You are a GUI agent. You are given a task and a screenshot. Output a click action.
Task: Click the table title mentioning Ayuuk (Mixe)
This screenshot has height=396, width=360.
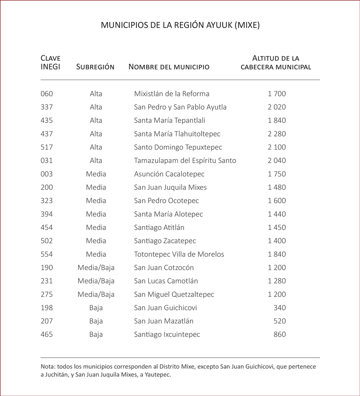tap(180, 25)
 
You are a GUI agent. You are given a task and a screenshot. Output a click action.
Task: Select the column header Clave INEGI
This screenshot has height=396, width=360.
tap(50, 63)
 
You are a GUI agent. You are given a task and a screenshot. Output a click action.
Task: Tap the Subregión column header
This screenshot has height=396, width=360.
tap(95, 67)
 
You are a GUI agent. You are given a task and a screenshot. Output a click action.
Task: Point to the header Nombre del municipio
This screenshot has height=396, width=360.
tap(169, 67)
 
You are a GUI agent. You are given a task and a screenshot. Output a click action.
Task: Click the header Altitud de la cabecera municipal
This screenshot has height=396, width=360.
tap(276, 63)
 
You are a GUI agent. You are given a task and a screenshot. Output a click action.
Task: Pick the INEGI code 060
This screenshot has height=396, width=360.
tap(47, 94)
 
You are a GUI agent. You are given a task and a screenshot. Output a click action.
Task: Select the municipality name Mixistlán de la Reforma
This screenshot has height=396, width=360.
tap(171, 94)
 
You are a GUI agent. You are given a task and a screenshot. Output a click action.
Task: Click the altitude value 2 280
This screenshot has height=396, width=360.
tap(276, 134)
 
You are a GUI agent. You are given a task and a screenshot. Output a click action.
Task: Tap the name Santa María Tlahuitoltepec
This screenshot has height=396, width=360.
tap(177, 134)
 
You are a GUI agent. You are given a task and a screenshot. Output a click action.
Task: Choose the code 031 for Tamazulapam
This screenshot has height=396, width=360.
tap(47, 160)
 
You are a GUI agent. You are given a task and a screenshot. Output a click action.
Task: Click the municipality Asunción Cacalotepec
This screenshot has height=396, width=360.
tap(169, 174)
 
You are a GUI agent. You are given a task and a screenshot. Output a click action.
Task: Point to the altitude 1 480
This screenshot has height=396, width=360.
tap(276, 187)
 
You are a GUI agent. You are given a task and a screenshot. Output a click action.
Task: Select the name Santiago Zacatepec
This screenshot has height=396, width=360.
tap(165, 241)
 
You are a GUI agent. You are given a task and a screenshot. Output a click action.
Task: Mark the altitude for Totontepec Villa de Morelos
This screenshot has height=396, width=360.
tap(276, 254)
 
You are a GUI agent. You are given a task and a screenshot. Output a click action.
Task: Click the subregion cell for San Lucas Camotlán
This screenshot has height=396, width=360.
tap(96, 281)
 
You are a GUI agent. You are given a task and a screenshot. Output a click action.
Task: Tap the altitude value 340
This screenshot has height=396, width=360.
tap(279, 308)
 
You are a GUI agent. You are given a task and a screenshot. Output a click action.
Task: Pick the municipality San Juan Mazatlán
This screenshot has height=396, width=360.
tap(164, 321)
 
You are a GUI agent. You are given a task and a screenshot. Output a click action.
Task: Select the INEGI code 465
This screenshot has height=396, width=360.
tap(47, 335)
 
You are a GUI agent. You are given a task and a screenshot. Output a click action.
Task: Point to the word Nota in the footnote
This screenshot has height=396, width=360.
tap(48, 367)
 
